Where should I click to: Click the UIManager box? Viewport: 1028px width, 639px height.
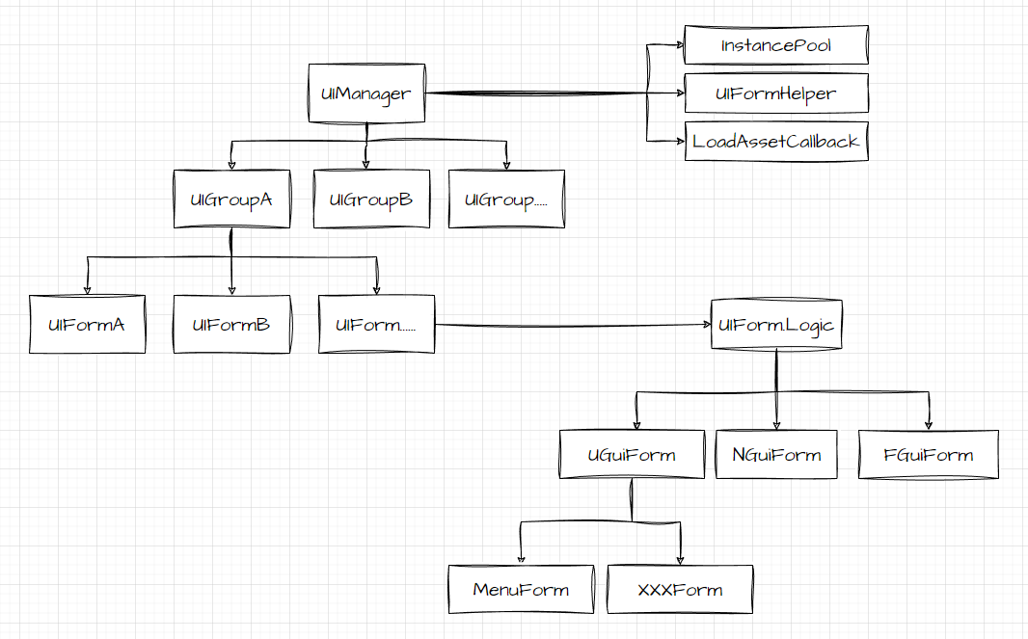pyautogui.click(x=366, y=93)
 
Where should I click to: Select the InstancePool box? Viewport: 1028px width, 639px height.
pyautogui.click(x=776, y=45)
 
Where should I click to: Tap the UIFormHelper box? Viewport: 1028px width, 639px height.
pyautogui.click(x=776, y=93)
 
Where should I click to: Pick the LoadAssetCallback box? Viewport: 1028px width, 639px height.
pyautogui.click(x=776, y=141)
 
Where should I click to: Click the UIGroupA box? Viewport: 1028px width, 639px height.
pyautogui.click(x=231, y=200)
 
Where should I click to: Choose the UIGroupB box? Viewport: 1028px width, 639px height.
pyautogui.click(x=371, y=200)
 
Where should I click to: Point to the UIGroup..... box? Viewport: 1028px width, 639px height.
pyautogui.click(x=506, y=200)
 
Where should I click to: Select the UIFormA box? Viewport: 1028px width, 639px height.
pyautogui.click(x=87, y=324)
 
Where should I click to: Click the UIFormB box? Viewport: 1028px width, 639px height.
pyautogui.click(x=231, y=324)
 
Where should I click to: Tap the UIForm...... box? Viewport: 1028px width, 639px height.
pyautogui.click(x=376, y=324)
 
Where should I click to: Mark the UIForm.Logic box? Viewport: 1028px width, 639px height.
pyautogui.click(x=776, y=325)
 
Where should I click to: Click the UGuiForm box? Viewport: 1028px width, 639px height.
pyautogui.click(x=632, y=455)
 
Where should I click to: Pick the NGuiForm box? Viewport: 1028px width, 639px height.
pyautogui.click(x=776, y=455)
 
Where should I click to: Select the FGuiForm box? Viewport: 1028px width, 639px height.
pyautogui.click(x=929, y=455)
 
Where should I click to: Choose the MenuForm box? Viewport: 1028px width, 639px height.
pyautogui.click(x=521, y=589)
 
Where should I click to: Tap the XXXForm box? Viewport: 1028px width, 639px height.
pyautogui.click(x=680, y=589)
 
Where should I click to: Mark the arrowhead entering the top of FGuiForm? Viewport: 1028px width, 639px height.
pyautogui.click(x=929, y=424)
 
